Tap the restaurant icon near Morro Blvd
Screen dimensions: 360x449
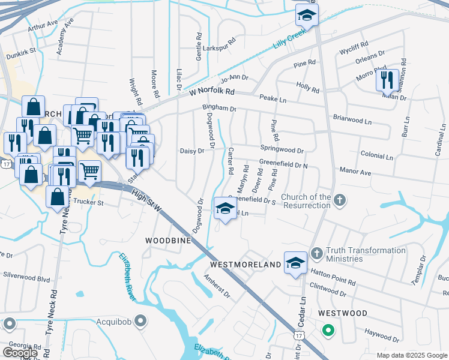[x=387, y=80]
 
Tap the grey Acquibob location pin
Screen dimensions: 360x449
[x=140, y=321]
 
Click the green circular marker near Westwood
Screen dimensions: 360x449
[x=328, y=329]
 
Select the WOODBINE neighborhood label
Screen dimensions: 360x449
[x=168, y=240]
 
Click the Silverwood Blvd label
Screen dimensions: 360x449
[x=26, y=278]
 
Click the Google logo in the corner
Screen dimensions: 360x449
[x=20, y=353]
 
